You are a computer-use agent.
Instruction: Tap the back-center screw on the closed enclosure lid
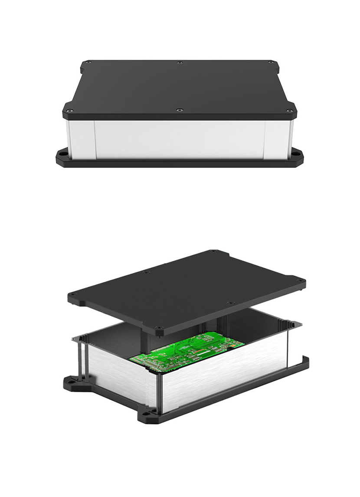pos(180,63)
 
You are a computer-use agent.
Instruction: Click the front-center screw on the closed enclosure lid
pos(180,110)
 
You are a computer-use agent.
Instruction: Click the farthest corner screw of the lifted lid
pos(213,251)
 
